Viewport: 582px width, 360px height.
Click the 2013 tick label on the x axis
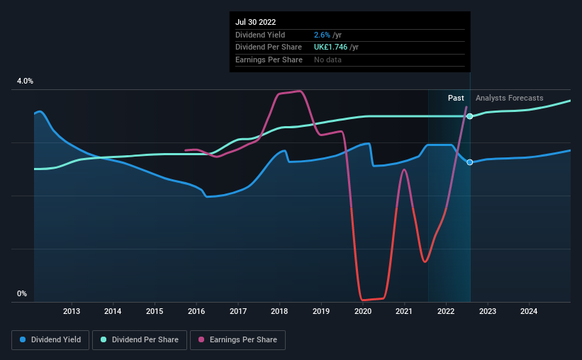(72, 311)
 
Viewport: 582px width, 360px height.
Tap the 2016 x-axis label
(196, 311)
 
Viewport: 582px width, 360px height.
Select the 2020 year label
(363, 311)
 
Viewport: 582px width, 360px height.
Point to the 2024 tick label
(529, 311)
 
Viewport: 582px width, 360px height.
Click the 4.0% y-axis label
(25, 81)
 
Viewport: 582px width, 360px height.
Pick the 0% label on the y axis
(22, 293)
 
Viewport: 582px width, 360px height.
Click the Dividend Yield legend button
(50, 340)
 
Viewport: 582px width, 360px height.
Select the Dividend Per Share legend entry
(140, 340)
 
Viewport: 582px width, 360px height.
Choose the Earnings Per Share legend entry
(237, 340)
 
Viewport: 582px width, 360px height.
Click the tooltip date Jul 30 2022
(255, 22)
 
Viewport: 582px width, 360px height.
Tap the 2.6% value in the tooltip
(322, 35)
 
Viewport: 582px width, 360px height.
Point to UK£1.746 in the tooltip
(330, 47)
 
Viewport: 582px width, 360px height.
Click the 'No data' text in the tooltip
(328, 60)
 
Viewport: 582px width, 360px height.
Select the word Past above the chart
(456, 98)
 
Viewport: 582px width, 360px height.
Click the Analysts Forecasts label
(509, 98)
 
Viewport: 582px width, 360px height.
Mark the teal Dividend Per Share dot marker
(470, 116)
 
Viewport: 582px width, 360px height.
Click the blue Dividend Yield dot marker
(470, 162)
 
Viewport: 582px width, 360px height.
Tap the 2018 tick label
(279, 311)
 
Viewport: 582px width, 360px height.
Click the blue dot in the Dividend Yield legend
(23, 339)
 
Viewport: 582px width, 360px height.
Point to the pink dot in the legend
(201, 339)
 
